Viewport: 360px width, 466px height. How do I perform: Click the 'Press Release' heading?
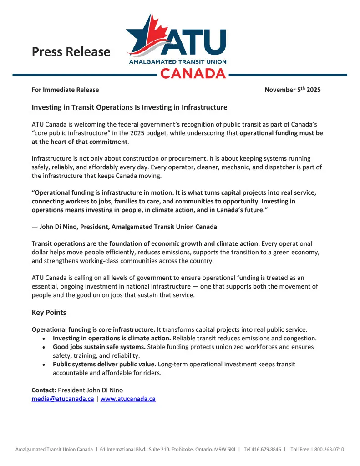tap(71, 52)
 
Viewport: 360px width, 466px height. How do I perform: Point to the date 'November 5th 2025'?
tap(292, 90)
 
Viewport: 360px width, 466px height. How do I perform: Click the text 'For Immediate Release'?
tap(65, 90)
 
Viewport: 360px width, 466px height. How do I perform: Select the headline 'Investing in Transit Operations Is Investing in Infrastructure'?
tap(129, 107)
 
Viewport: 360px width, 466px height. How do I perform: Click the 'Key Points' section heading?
tap(49, 313)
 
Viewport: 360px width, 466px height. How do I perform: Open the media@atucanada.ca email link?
tap(63, 399)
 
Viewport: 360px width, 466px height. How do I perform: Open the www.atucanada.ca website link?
tap(128, 399)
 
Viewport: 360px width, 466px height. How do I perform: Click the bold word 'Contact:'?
tap(44, 390)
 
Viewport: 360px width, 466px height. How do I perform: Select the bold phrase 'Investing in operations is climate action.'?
tap(112, 338)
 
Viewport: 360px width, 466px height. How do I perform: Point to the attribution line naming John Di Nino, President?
tap(124, 226)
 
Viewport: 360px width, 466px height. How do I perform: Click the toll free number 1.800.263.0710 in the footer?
tap(327, 449)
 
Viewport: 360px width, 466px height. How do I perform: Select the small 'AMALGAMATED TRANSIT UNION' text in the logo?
tap(177, 61)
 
